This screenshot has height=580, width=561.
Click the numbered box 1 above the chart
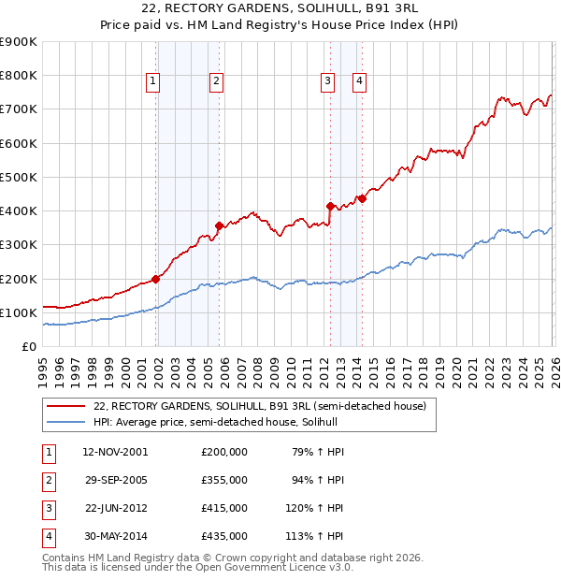pyautogui.click(x=153, y=82)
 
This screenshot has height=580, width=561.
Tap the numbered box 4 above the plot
pyautogui.click(x=359, y=82)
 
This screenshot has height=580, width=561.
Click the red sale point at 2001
pyautogui.click(x=156, y=278)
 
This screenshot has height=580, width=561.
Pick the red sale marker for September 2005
pyautogui.click(x=220, y=225)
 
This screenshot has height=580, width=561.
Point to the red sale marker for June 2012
pyautogui.click(x=330, y=206)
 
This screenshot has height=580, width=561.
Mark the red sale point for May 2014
pyautogui.click(x=362, y=198)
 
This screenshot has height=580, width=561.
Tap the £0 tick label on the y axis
pyautogui.click(x=28, y=346)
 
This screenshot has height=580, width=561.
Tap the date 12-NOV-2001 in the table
pyautogui.click(x=115, y=452)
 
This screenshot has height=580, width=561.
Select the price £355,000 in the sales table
pyautogui.click(x=224, y=480)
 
